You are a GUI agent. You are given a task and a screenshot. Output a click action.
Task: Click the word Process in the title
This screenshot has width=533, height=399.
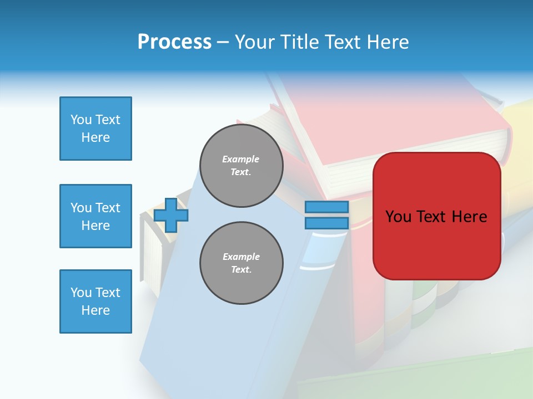click(x=174, y=42)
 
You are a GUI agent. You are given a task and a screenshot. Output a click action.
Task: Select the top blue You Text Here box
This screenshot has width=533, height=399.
click(x=95, y=129)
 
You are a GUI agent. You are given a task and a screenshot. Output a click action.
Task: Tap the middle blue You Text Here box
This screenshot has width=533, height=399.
click(x=95, y=216)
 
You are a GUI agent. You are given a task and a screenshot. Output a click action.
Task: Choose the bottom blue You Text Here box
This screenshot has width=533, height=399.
click(x=95, y=301)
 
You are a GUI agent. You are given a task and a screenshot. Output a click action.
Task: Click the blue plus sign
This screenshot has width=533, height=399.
click(x=171, y=215)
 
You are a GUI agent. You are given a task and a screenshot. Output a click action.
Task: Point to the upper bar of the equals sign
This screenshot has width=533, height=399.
click(x=327, y=207)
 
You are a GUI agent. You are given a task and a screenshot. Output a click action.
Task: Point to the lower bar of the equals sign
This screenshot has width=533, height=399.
click(x=327, y=223)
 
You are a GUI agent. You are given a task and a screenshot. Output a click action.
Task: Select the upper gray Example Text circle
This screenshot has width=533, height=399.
click(x=242, y=166)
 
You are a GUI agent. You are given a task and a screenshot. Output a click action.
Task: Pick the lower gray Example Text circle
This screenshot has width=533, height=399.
click(x=242, y=263)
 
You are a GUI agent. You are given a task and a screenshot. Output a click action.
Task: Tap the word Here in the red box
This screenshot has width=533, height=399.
click(x=470, y=217)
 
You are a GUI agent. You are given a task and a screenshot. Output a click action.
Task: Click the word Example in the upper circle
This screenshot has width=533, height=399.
click(x=241, y=159)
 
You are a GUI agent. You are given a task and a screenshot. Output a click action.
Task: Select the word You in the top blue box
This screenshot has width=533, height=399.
click(x=81, y=120)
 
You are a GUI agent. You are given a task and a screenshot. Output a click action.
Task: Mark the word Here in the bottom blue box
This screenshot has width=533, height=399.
click(x=95, y=310)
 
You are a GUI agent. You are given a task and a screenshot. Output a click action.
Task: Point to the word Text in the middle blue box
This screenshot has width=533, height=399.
click(x=108, y=208)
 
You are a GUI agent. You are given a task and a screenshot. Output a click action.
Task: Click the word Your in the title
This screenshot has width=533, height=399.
click(x=254, y=42)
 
